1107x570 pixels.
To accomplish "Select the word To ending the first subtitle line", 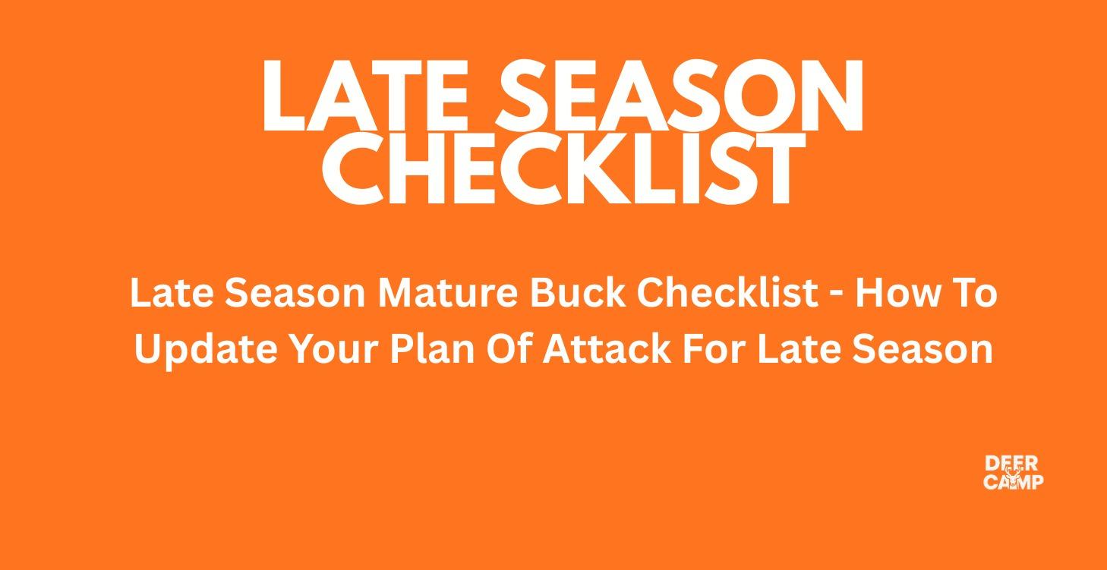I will click(x=974, y=293).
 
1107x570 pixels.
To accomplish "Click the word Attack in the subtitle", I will click(x=606, y=350).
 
